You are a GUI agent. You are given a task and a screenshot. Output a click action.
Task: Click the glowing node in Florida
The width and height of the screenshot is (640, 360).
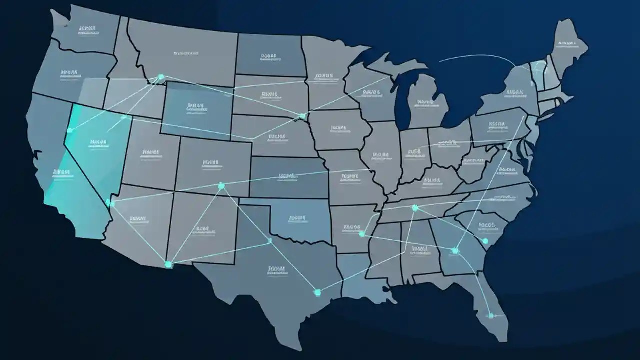[491, 315]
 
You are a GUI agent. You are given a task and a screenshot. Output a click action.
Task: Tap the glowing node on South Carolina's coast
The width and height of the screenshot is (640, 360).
[485, 241]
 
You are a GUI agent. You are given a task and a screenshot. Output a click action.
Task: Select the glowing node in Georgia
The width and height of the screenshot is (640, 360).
[455, 251]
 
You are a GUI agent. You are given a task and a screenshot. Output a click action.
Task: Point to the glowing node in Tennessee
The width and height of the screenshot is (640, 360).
[414, 208]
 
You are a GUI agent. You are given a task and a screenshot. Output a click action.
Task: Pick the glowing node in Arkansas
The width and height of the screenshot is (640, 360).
[361, 234]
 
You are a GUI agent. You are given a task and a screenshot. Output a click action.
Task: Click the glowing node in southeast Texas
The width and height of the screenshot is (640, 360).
[316, 292]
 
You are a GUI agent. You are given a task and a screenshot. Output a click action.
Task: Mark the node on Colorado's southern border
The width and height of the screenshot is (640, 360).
[221, 186]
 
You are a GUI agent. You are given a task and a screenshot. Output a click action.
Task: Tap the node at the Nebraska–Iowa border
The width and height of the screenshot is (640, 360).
[302, 116]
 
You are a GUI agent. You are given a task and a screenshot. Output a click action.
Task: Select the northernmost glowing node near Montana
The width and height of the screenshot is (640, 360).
[160, 77]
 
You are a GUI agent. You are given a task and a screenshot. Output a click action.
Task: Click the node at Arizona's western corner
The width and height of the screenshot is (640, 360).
[109, 203]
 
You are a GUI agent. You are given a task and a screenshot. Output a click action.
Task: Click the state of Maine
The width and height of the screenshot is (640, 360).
[567, 47]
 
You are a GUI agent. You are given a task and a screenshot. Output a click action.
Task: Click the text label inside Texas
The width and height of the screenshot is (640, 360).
[276, 270]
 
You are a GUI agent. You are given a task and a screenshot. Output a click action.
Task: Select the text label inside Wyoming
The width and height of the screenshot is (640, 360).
[196, 107]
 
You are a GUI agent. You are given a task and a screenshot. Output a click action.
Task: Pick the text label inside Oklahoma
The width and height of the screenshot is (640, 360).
[297, 219]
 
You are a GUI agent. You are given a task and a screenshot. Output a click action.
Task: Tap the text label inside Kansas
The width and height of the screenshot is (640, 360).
[287, 177]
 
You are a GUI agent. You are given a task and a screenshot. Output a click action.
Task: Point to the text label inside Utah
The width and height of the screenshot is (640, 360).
[150, 152]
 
